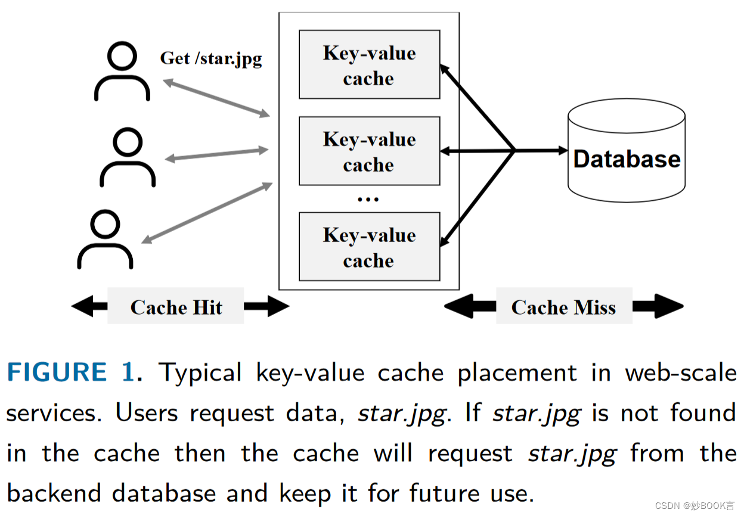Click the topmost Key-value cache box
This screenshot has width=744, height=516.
[x=369, y=65]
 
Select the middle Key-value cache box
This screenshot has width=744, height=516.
[x=369, y=151]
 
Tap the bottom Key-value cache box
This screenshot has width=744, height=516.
[x=369, y=247]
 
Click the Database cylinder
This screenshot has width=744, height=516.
[x=626, y=153]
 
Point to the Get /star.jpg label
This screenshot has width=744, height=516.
[x=211, y=58]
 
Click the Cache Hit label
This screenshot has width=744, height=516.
[x=176, y=307]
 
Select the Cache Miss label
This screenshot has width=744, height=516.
[x=563, y=307]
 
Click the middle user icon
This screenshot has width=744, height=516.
[x=127, y=158]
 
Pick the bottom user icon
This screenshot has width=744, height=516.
[x=105, y=240]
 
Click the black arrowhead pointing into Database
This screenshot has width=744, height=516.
[x=562, y=151]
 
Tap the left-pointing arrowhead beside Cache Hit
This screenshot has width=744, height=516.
[x=82, y=307]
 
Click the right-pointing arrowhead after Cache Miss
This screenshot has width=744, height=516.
[x=670, y=307]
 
